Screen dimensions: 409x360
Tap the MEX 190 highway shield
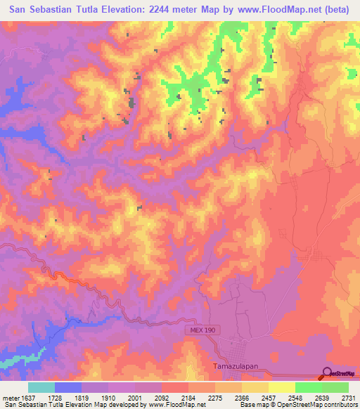tap(202, 330)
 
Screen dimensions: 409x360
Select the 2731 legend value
tap(348, 398)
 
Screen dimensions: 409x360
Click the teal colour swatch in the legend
tap(41, 387)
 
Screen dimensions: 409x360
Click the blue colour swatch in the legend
tap(68, 387)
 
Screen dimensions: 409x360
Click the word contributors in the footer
tap(340, 405)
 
